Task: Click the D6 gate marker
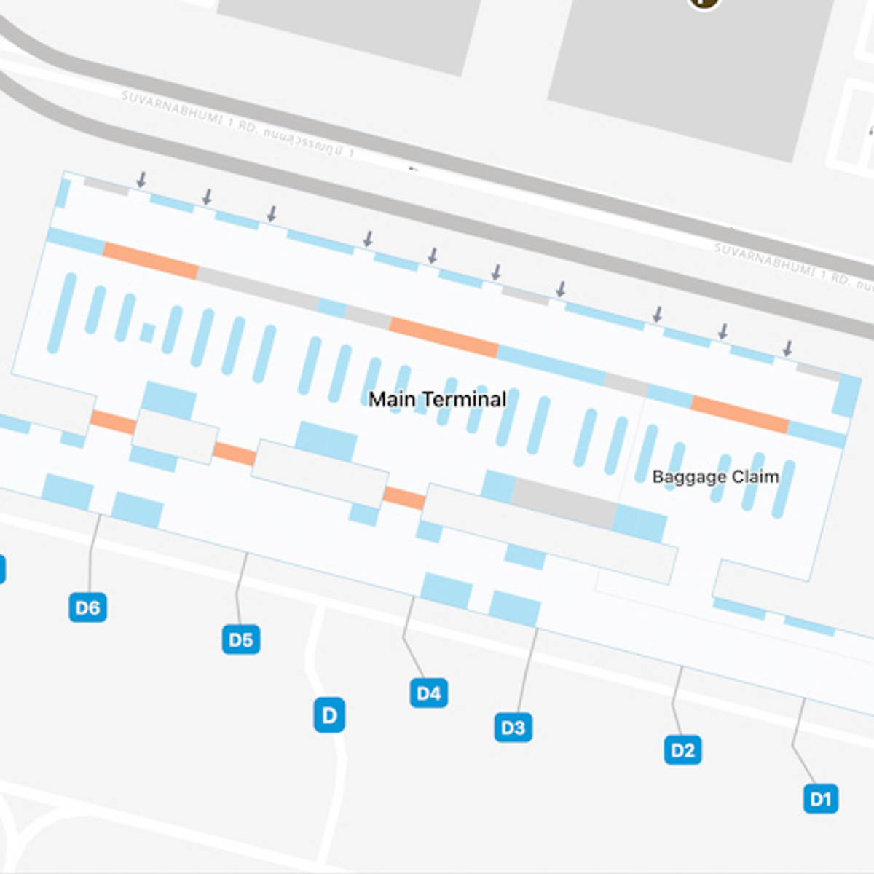[87, 607]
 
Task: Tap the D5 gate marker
[240, 639]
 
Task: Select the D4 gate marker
[428, 693]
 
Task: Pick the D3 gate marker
[513, 728]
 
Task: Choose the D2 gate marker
[682, 750]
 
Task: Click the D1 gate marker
[820, 799]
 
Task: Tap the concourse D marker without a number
[329, 715]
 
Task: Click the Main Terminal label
[437, 399]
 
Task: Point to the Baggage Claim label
[715, 476]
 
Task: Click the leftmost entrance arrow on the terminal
[142, 179]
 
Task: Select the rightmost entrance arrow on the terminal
[787, 347]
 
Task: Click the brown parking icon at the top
[704, 2]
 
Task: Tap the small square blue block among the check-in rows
[148, 333]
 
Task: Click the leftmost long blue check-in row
[61, 313]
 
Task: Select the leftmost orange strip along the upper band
[151, 261]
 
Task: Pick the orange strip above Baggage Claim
[740, 414]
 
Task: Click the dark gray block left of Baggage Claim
[564, 503]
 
